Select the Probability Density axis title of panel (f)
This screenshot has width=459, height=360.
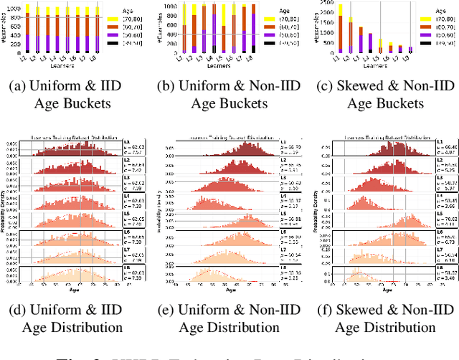coord(316,215)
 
